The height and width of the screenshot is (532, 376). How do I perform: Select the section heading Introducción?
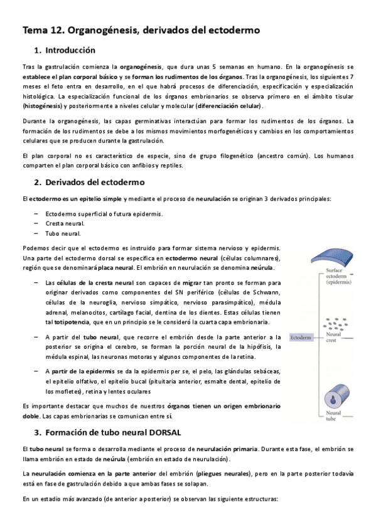click(x=71, y=50)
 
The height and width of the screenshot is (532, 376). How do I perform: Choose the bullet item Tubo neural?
click(x=62, y=233)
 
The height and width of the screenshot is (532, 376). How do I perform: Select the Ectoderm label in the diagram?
click(x=300, y=338)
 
